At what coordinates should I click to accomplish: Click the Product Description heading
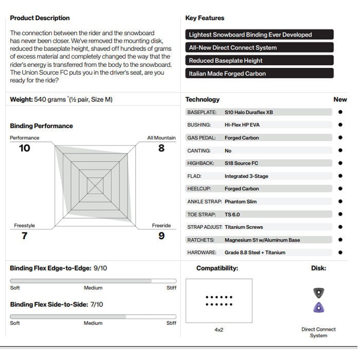(x=40, y=18)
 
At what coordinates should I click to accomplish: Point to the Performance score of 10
(x=24, y=148)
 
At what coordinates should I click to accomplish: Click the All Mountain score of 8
(x=161, y=148)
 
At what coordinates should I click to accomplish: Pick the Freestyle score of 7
(x=24, y=236)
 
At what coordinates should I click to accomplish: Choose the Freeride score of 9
(x=161, y=236)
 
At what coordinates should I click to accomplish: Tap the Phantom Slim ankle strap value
(x=240, y=202)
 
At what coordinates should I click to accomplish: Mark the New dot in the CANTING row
(x=340, y=151)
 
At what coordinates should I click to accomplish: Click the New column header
(x=340, y=99)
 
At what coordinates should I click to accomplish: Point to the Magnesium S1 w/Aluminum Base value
(x=262, y=240)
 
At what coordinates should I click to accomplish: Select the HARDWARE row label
(x=202, y=253)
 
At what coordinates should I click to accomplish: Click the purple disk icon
(x=319, y=308)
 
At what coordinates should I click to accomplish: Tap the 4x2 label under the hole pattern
(x=219, y=330)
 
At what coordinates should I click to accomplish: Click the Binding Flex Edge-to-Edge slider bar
(x=93, y=281)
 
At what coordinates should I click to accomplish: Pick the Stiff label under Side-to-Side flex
(x=171, y=323)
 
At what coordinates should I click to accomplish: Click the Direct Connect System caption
(x=318, y=332)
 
